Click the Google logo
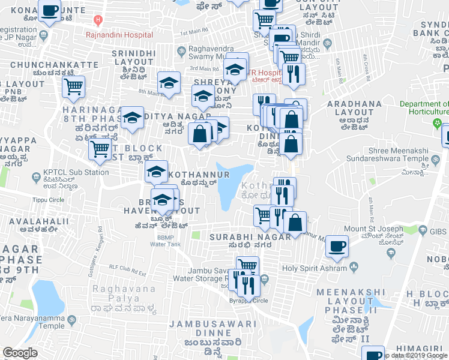[x=20, y=353]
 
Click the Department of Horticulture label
[x=424, y=108]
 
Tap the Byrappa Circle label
[x=252, y=300]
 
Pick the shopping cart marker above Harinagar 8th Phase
[x=74, y=86]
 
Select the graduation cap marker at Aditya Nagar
[x=132, y=118]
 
